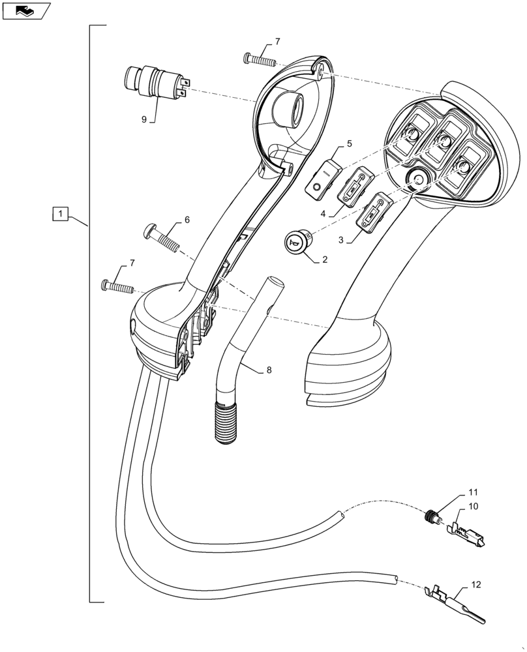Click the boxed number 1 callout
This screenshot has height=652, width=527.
pos(59,213)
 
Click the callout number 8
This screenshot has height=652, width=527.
pos(269,370)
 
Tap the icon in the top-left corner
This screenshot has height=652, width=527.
pos(26,10)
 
